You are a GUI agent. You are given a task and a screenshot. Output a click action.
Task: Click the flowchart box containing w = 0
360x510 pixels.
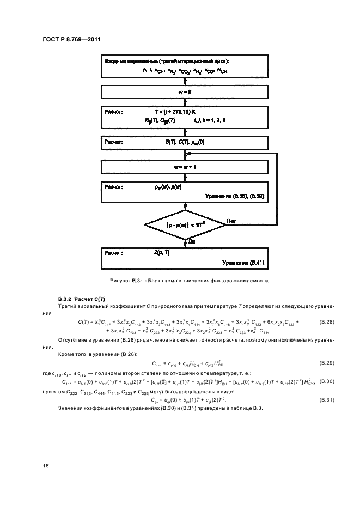tap(186, 92)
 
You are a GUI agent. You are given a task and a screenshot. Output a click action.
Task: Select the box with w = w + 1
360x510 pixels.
tap(186, 166)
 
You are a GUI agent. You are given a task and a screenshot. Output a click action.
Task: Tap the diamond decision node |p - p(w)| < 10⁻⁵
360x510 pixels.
tap(186, 223)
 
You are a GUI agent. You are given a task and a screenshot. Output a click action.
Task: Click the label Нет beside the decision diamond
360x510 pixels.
tap(231, 220)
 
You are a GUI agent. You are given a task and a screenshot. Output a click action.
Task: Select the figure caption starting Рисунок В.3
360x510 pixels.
tap(186, 280)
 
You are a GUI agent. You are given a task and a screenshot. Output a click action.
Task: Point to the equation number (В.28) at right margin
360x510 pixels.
tap(326, 322)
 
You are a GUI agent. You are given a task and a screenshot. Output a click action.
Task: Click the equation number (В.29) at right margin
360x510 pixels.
tap(326, 362)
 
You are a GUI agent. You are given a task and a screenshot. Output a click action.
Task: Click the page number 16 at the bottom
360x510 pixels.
tap(46, 465)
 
